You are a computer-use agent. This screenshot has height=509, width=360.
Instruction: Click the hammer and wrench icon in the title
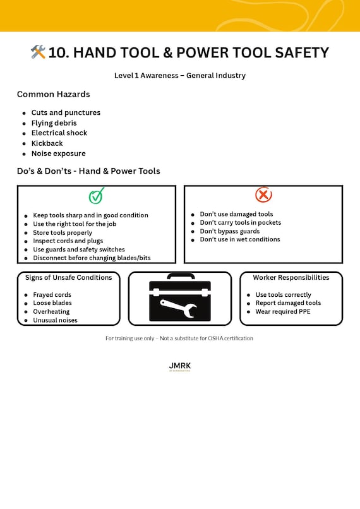tap(38, 52)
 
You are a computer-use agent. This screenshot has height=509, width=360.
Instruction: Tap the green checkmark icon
tap(96, 196)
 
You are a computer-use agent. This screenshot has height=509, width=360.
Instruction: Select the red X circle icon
tap(263, 195)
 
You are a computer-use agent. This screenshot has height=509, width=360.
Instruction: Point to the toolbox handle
tap(180, 277)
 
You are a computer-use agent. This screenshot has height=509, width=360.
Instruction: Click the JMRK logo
tap(180, 366)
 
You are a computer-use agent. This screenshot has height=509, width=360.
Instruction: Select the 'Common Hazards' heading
tap(53, 94)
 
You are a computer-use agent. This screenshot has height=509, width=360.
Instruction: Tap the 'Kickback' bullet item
tap(47, 143)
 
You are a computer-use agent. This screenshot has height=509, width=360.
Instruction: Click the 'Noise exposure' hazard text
tap(58, 153)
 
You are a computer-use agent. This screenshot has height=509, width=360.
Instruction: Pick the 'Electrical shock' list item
tap(59, 133)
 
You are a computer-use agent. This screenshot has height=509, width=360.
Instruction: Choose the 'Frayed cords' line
tap(52, 295)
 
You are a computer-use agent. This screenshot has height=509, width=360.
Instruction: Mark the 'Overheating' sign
tap(51, 312)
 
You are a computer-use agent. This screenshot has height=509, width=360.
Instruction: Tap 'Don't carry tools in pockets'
tap(241, 223)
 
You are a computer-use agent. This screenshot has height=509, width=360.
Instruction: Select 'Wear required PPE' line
tap(283, 312)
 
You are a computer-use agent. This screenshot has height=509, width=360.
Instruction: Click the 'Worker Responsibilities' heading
tap(291, 278)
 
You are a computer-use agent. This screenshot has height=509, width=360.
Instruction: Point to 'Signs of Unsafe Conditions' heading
tap(68, 278)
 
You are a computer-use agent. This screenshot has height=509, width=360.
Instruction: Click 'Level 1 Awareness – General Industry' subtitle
tap(180, 76)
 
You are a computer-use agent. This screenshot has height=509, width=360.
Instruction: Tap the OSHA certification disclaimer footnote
tap(179, 338)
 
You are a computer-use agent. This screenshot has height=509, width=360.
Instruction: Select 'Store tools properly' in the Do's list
tap(63, 232)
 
